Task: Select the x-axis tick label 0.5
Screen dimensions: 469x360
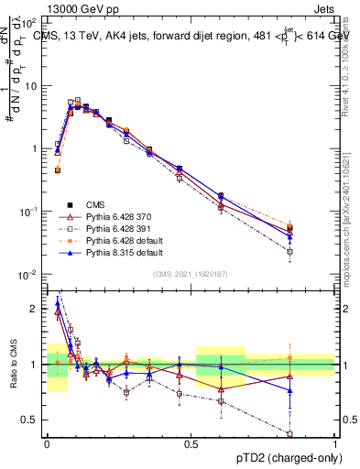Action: [x=191, y=445]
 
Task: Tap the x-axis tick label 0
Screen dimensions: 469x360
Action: [x=46, y=445]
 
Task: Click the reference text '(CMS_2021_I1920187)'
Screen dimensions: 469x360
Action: [x=190, y=273]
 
